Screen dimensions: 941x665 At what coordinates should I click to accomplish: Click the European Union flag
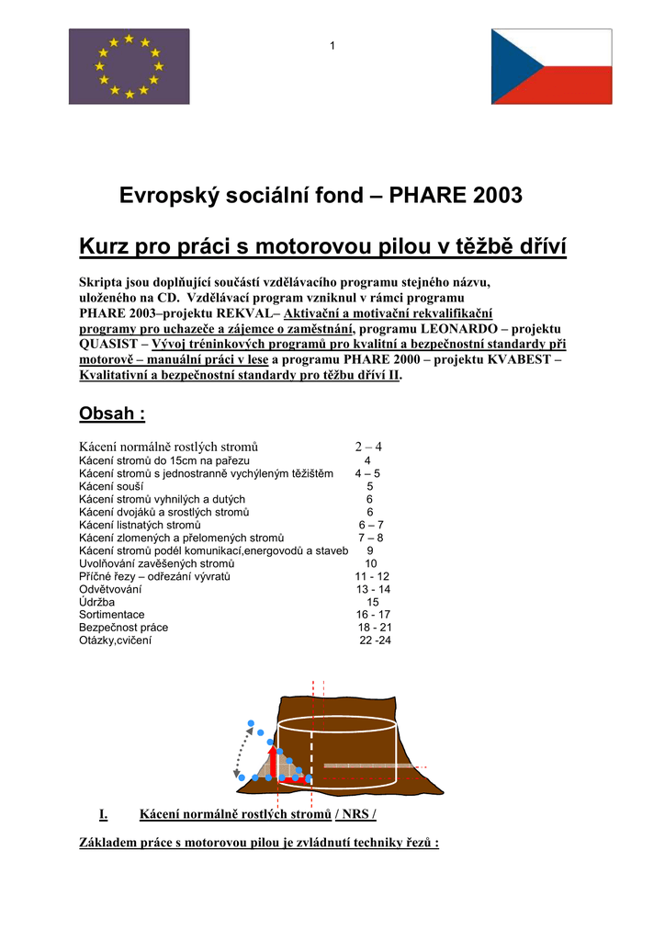tap(129, 65)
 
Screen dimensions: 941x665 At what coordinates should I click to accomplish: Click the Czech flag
tap(551, 65)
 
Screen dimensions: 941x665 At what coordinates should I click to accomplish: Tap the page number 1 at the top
tap(332, 46)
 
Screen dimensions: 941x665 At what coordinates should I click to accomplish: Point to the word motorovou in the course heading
tap(313, 246)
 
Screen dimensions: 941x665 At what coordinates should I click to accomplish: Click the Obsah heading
tap(112, 414)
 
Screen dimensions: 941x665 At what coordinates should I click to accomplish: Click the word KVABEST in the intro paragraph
tap(516, 359)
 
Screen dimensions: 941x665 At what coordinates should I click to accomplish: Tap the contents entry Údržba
tap(97, 602)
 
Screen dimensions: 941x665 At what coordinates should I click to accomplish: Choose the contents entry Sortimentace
tap(112, 615)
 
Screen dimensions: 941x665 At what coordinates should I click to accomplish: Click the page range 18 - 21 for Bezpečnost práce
tap(375, 628)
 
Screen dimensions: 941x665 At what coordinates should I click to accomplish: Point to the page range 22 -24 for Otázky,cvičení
tap(375, 641)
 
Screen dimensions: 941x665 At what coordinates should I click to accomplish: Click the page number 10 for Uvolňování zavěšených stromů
tap(371, 563)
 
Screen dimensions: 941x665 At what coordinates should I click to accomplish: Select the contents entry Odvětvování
tap(110, 589)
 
